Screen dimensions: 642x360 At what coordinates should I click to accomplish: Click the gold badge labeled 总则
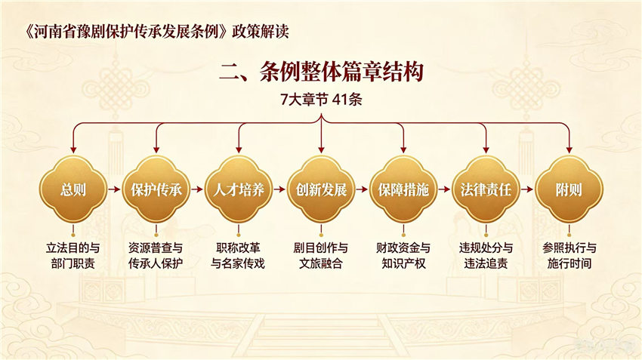(x=73, y=189)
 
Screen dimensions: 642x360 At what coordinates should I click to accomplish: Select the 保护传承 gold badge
(x=156, y=189)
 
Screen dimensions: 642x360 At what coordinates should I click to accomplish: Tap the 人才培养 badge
(x=239, y=189)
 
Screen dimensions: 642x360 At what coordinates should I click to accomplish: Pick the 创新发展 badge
(x=322, y=189)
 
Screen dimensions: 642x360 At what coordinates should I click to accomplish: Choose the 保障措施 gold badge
(x=404, y=189)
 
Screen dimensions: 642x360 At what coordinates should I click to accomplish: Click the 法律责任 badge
(x=486, y=189)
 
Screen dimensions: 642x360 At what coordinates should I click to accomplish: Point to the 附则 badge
(x=569, y=189)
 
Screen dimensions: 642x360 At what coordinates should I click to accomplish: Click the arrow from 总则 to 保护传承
(x=114, y=189)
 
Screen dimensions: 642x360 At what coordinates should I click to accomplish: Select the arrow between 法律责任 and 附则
(x=527, y=189)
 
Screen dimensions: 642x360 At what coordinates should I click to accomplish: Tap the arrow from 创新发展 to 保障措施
(x=362, y=189)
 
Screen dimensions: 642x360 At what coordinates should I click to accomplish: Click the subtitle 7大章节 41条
(x=322, y=100)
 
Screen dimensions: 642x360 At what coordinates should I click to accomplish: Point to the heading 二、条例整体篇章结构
(x=322, y=72)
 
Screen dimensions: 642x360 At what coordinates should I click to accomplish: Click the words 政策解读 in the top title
(x=261, y=31)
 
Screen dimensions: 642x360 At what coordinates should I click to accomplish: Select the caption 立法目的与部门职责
(x=73, y=256)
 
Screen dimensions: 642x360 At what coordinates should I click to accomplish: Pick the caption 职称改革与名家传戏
(x=238, y=256)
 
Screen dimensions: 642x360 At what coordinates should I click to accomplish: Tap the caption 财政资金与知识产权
(x=403, y=256)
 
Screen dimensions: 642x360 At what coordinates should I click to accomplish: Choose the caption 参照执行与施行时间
(x=569, y=256)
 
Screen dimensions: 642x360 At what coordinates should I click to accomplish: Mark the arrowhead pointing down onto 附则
(x=569, y=150)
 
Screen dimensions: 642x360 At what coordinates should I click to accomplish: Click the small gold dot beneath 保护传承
(x=156, y=235)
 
